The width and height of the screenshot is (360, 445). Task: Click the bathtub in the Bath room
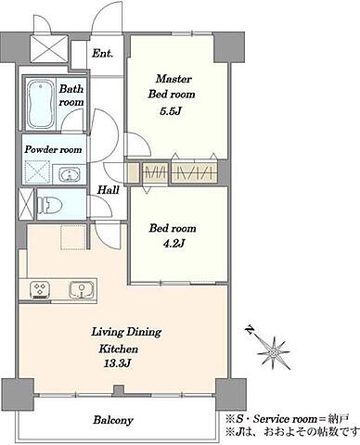pos(41,105)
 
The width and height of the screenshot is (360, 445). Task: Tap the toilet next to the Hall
pos(49,204)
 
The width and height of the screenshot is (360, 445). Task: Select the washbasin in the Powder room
pos(69,174)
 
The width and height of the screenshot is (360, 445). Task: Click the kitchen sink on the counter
pos(81,290)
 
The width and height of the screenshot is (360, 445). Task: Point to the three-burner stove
pos(40,290)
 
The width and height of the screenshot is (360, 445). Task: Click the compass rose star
pos(274,352)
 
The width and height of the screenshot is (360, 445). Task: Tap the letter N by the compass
pos(249,330)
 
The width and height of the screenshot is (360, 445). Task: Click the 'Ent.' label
pos(102,54)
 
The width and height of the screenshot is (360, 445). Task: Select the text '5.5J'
pos(170,111)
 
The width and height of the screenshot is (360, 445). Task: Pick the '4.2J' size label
pos(174,244)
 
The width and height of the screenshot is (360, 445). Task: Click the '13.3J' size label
pos(119,363)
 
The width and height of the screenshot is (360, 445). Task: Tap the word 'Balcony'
pos(113,420)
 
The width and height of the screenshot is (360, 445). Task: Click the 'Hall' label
pos(109,190)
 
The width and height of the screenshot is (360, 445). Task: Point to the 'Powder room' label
pos(53,150)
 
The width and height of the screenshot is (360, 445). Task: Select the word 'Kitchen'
pos(119,349)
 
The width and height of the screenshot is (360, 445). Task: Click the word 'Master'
pos(174,79)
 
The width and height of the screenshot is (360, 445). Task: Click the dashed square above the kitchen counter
pos(73,237)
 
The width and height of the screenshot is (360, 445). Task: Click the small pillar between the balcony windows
pos(118,391)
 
